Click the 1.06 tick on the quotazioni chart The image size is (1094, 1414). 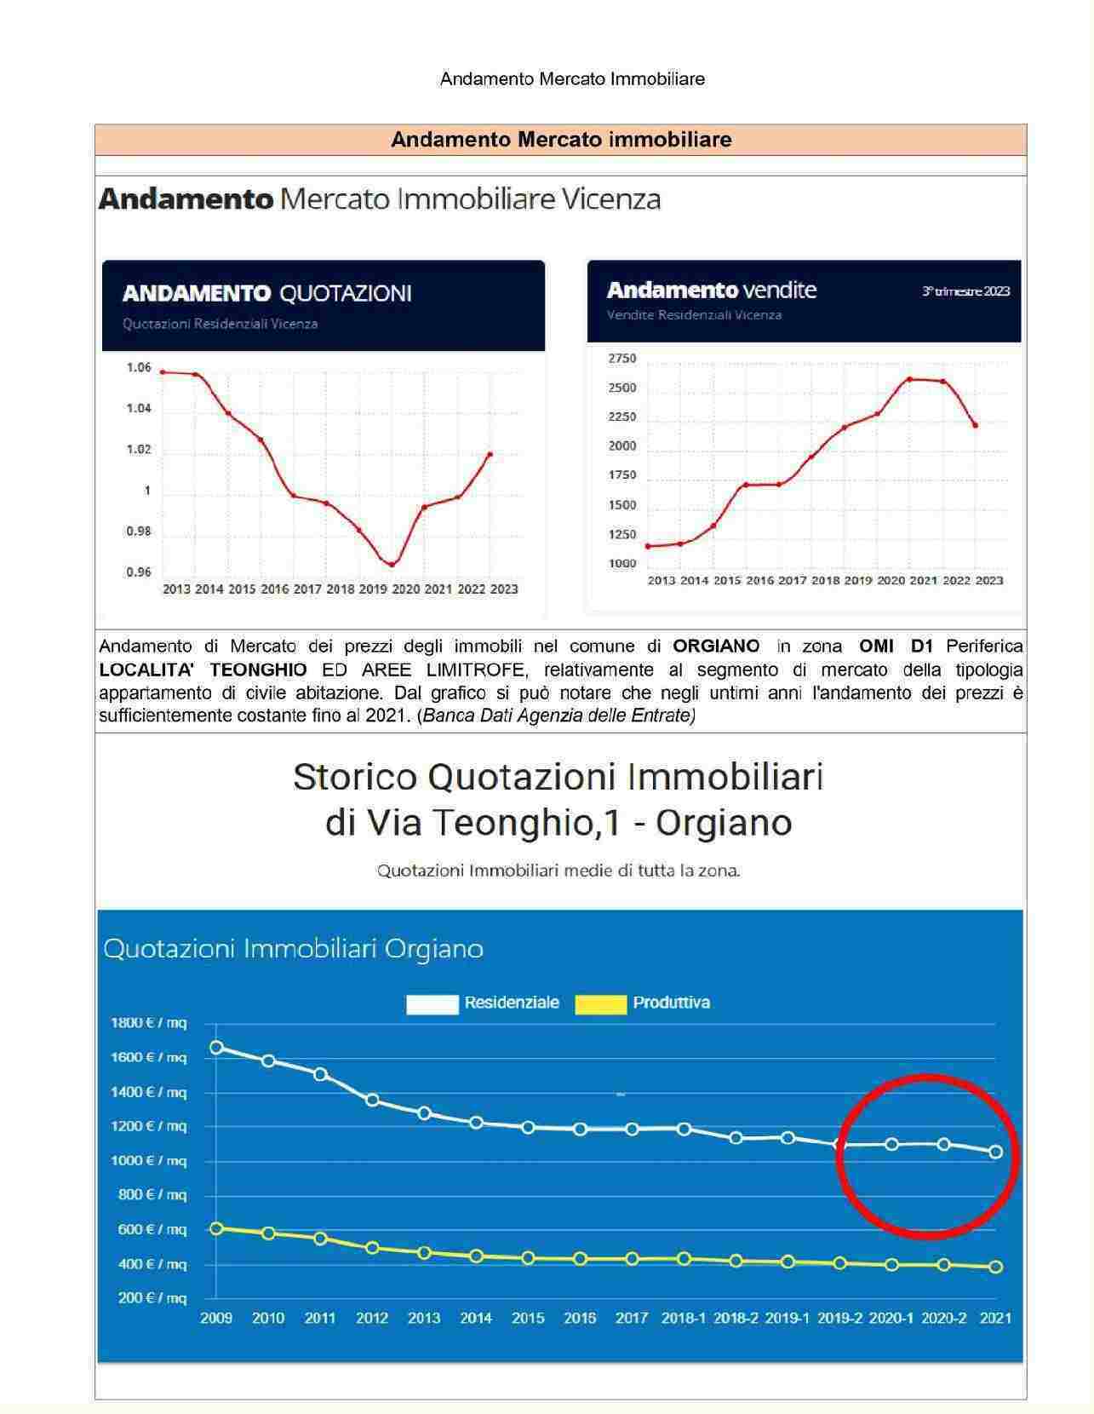[139, 368]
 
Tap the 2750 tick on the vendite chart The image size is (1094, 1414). [622, 359]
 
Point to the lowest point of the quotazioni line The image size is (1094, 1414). [392, 564]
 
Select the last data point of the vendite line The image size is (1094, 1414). [975, 425]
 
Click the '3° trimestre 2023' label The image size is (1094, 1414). [965, 291]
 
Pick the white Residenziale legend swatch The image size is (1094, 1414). [432, 1004]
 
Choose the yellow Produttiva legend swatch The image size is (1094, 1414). [600, 1004]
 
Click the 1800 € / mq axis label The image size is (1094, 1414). [149, 1023]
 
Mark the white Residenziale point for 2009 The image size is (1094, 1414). [216, 1048]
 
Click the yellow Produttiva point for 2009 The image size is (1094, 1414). [216, 1228]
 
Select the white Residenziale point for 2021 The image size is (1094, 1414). [995, 1152]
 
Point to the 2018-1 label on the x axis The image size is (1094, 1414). [684, 1319]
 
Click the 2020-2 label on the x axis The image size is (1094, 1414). [943, 1319]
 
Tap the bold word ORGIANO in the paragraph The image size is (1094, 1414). [716, 647]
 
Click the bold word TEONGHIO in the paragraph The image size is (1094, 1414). [258, 670]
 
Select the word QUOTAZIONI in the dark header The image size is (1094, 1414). [346, 294]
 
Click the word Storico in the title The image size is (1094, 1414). [355, 777]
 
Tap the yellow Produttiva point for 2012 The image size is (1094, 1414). [372, 1248]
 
